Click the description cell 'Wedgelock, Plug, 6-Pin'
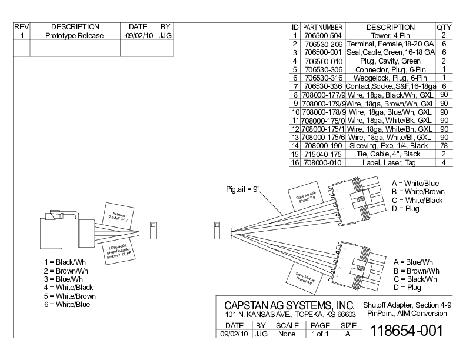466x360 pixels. (x=390, y=77)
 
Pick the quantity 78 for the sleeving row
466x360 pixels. (x=444, y=145)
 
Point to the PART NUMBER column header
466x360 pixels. (x=323, y=27)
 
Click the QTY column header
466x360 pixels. (x=444, y=27)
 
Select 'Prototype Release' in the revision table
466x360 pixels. (x=74, y=35)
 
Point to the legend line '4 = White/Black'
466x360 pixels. (x=69, y=287)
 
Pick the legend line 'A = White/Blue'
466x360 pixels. (x=415, y=183)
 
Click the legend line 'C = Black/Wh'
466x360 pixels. (x=415, y=278)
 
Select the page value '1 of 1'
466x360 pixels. (x=320, y=333)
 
